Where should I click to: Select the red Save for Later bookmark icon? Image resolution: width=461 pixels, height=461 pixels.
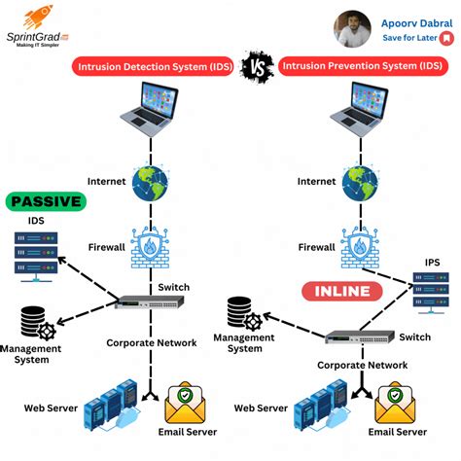tap(445, 38)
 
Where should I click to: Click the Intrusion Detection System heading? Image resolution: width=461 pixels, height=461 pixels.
tap(154, 66)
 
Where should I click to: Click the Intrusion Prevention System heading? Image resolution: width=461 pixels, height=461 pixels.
tap(359, 66)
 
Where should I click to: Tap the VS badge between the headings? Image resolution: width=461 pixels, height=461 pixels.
tap(256, 66)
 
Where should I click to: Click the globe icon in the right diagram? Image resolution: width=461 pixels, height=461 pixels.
tap(364, 180)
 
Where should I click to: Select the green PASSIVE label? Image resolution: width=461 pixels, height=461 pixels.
tap(46, 202)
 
